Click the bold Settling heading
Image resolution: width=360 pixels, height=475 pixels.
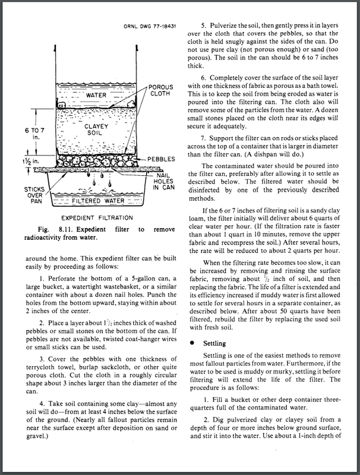point(216,343)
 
